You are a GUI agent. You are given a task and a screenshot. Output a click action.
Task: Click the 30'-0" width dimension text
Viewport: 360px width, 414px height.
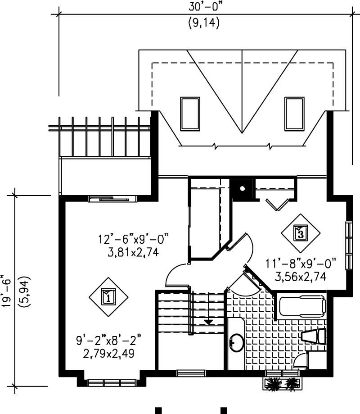(x=203, y=8)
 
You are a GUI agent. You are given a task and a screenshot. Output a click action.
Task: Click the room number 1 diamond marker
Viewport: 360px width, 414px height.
(x=108, y=296)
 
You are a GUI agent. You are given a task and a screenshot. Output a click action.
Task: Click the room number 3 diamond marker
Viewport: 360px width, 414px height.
(x=301, y=233)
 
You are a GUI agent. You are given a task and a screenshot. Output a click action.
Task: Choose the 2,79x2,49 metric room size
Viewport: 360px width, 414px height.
(x=108, y=350)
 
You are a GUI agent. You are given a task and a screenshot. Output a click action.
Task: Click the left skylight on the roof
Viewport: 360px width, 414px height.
(x=190, y=113)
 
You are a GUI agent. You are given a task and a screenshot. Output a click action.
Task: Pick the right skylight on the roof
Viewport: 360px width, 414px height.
(x=294, y=113)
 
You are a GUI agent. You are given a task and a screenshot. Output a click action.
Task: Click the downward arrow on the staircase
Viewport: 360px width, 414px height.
(x=208, y=321)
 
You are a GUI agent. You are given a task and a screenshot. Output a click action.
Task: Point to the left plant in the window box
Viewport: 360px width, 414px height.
(x=273, y=383)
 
